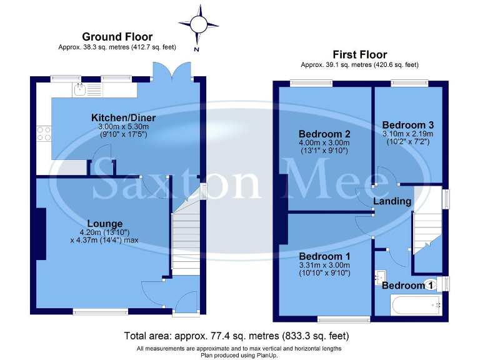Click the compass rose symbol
[199, 24]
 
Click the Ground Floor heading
[117, 37]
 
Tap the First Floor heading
[359, 54]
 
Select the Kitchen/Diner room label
[123, 117]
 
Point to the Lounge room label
[104, 223]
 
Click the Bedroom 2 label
[324, 134]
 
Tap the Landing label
[392, 201]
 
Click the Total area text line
[241, 336]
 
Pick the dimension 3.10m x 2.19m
[407, 133]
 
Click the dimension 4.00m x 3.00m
[324, 143]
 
